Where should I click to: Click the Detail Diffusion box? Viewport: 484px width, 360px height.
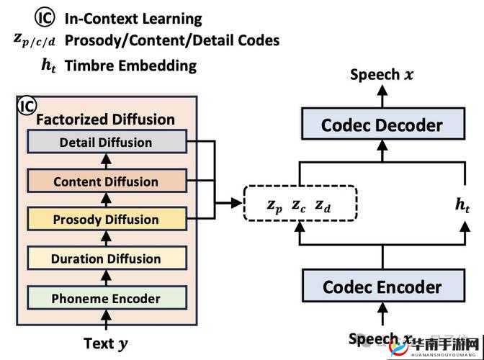106,142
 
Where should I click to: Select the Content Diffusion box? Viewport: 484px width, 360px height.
106,181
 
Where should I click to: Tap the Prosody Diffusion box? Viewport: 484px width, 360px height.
106,220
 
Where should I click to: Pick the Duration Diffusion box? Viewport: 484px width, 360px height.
106,258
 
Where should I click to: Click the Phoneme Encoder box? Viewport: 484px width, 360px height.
106,297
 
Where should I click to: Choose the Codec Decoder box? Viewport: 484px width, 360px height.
382,125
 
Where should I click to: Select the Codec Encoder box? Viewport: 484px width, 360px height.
382,287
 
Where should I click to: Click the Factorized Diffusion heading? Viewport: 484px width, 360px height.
105,119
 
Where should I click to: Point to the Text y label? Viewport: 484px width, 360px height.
106,343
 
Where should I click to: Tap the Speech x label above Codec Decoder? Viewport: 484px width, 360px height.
382,74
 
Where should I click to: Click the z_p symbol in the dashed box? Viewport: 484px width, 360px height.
274,206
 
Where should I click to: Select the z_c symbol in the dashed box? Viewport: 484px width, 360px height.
299,206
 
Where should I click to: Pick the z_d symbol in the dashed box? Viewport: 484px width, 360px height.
323,206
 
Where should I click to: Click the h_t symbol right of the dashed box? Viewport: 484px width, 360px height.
462,204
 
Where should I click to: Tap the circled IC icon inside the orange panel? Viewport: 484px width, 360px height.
27,107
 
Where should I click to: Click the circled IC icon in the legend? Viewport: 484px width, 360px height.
45,17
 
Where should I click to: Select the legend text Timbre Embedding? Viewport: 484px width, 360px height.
130,66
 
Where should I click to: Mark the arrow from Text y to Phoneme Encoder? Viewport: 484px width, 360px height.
106,321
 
